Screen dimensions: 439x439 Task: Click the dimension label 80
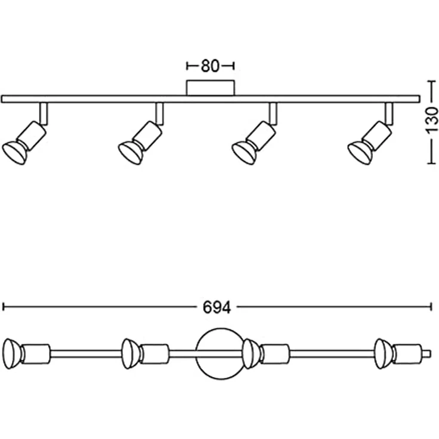tap(210, 66)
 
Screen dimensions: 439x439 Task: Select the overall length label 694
tap(217, 307)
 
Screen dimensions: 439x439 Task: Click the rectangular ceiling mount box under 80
tap(210, 88)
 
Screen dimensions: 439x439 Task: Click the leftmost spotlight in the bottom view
tap(26, 353)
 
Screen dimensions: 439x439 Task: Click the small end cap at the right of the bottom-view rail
tap(427, 354)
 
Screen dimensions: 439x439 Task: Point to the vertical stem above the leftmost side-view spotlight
tap(44, 113)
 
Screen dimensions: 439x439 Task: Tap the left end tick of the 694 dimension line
tap(4, 307)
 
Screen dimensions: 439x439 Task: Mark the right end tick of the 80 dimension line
tap(234, 66)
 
